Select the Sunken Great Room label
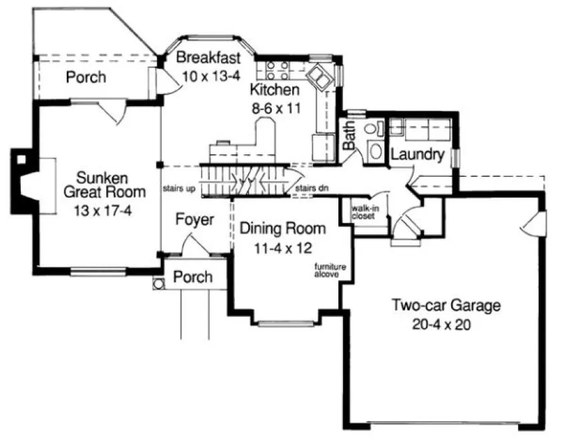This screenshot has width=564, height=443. pos(103,185)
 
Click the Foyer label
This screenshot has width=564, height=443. pos(195,219)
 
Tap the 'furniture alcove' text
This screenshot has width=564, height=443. pos(327,270)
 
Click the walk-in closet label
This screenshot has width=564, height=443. pos(364,211)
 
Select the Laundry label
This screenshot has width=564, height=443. pos(417,155)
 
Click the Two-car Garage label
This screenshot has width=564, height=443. pos(445,306)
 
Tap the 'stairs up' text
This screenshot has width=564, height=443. pos(179,189)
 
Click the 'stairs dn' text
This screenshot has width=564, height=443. pos(312,189)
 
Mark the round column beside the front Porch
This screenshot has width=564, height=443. pos(158,284)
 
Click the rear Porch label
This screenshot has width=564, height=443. pos(85,77)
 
